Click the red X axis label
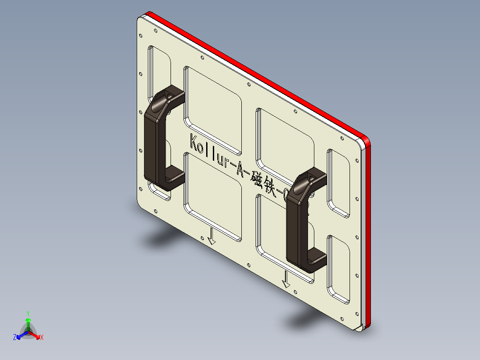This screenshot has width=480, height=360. tap(42, 338)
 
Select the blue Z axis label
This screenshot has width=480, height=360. tap(15, 337)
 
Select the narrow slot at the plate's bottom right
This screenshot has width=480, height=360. tap(338, 267)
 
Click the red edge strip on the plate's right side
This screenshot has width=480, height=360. tap(367, 232)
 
